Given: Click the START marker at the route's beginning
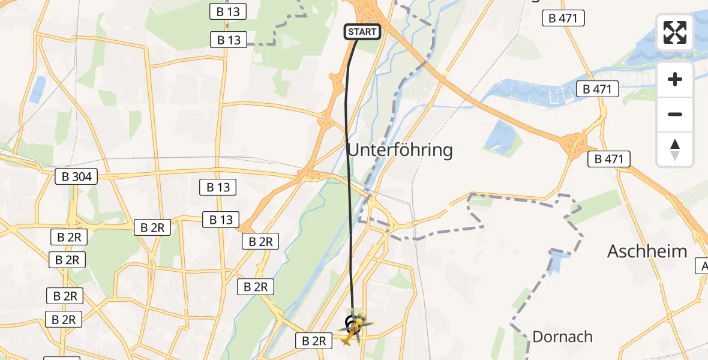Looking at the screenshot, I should (362, 32).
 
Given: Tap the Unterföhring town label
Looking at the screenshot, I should (400, 149).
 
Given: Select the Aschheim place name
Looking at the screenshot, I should (647, 251).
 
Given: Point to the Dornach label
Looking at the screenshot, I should (562, 337).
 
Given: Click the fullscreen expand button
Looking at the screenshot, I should (675, 32).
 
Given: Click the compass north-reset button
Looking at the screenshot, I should (675, 149).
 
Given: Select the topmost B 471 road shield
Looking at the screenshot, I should (563, 18).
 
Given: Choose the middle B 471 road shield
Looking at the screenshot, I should (597, 89).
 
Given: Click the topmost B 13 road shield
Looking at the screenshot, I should (229, 11).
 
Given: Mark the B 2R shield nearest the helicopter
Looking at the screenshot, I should (314, 341).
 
